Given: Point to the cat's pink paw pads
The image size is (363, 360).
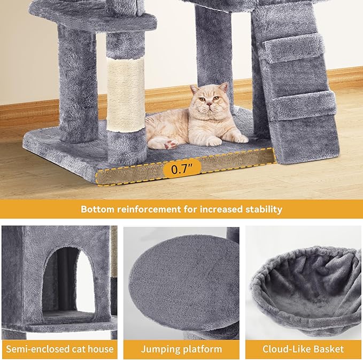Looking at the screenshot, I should [x=169, y=144].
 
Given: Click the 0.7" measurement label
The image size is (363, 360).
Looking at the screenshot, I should [x=181, y=170].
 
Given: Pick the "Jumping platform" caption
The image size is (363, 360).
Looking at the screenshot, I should [x=181, y=349].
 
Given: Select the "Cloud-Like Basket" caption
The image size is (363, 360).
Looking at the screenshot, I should [x=303, y=349].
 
